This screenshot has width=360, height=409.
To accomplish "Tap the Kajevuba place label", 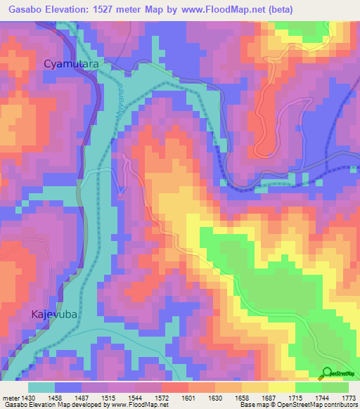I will tap(53, 314).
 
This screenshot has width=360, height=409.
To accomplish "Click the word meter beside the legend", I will tap(10, 398).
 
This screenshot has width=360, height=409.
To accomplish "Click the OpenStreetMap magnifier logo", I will tap(327, 372).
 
